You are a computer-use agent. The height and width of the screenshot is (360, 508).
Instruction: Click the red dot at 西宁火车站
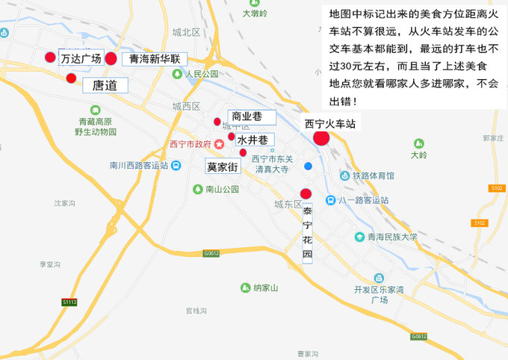pos(321,137)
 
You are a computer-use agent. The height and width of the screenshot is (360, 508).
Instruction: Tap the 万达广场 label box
pos(81,58)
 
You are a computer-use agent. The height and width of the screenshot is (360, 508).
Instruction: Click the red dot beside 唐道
pos(71,78)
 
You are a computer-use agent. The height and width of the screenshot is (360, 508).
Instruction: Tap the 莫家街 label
pos(223,167)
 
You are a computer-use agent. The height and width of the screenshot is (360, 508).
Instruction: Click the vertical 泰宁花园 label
pos(307,232)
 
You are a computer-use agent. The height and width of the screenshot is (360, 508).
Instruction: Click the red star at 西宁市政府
pos(219,143)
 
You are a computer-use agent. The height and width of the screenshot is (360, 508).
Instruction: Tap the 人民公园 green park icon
pos(176,74)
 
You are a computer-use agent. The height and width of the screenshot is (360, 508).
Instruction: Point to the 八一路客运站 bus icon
pos(330,200)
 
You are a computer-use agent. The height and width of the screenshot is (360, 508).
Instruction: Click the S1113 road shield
pos(69,302)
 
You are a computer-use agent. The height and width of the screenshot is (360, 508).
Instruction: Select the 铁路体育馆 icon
pos(344,176)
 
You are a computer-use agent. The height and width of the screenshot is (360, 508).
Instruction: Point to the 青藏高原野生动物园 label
pos(96,127)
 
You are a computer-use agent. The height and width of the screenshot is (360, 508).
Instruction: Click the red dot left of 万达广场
pos(50,58)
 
